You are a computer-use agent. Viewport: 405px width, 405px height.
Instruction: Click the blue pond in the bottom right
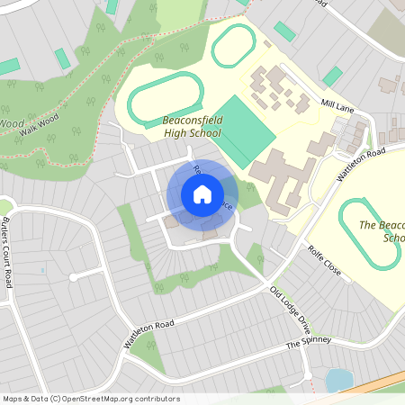pyautogui.click(x=337, y=380)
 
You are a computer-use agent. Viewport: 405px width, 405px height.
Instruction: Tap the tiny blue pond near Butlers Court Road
pyautogui.click(x=42, y=269)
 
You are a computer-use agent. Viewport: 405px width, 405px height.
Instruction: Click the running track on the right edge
pyautogui.click(x=370, y=232)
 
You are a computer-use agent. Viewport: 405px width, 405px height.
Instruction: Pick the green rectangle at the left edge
pyautogui.click(x=8, y=67)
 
